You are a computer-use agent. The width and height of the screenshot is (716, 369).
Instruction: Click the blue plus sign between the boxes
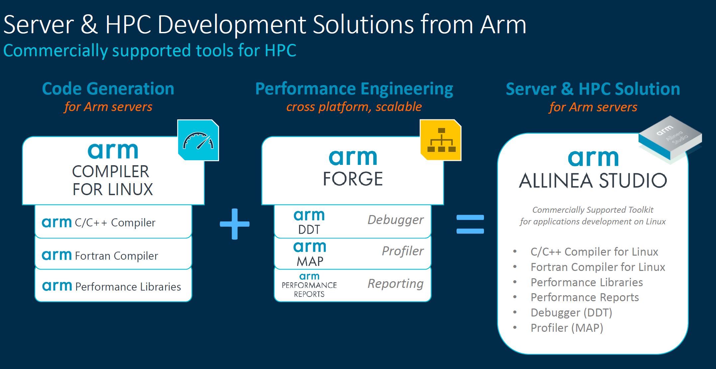pyautogui.click(x=235, y=224)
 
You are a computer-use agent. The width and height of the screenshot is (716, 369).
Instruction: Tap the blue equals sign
pyautogui.click(x=470, y=224)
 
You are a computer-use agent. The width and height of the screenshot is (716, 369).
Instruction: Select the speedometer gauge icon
pyautogui.click(x=198, y=140)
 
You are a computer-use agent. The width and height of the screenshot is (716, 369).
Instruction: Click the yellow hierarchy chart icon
pyautogui.click(x=441, y=140)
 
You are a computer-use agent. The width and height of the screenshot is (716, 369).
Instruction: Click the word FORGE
pyautogui.click(x=353, y=179)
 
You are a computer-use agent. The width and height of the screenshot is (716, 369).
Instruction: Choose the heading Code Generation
pyautogui.click(x=108, y=89)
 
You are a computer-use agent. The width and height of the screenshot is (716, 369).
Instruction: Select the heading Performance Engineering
pyautogui.click(x=354, y=89)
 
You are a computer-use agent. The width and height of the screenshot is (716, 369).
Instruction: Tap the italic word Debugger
pyautogui.click(x=395, y=220)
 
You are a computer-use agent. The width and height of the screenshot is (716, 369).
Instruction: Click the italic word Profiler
pyautogui.click(x=403, y=251)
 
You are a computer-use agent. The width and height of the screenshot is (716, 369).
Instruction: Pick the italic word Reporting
pyautogui.click(x=395, y=284)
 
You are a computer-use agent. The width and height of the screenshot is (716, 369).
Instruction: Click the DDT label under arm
pyautogui.click(x=309, y=230)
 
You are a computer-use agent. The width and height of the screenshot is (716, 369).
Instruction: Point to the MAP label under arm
pyautogui.click(x=310, y=262)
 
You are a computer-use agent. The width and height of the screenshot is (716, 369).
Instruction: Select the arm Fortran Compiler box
pyautogui.click(x=113, y=255)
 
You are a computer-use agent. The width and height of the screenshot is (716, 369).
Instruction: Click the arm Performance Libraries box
pyautogui.click(x=113, y=286)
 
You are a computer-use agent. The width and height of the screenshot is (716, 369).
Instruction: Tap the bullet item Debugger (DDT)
pyautogui.click(x=571, y=312)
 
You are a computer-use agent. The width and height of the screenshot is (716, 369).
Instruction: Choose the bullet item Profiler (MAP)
pyautogui.click(x=566, y=328)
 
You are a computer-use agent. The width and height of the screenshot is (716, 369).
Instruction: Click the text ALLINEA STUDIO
pyautogui.click(x=593, y=181)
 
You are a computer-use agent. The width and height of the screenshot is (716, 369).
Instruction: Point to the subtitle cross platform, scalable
pyautogui.click(x=354, y=107)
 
